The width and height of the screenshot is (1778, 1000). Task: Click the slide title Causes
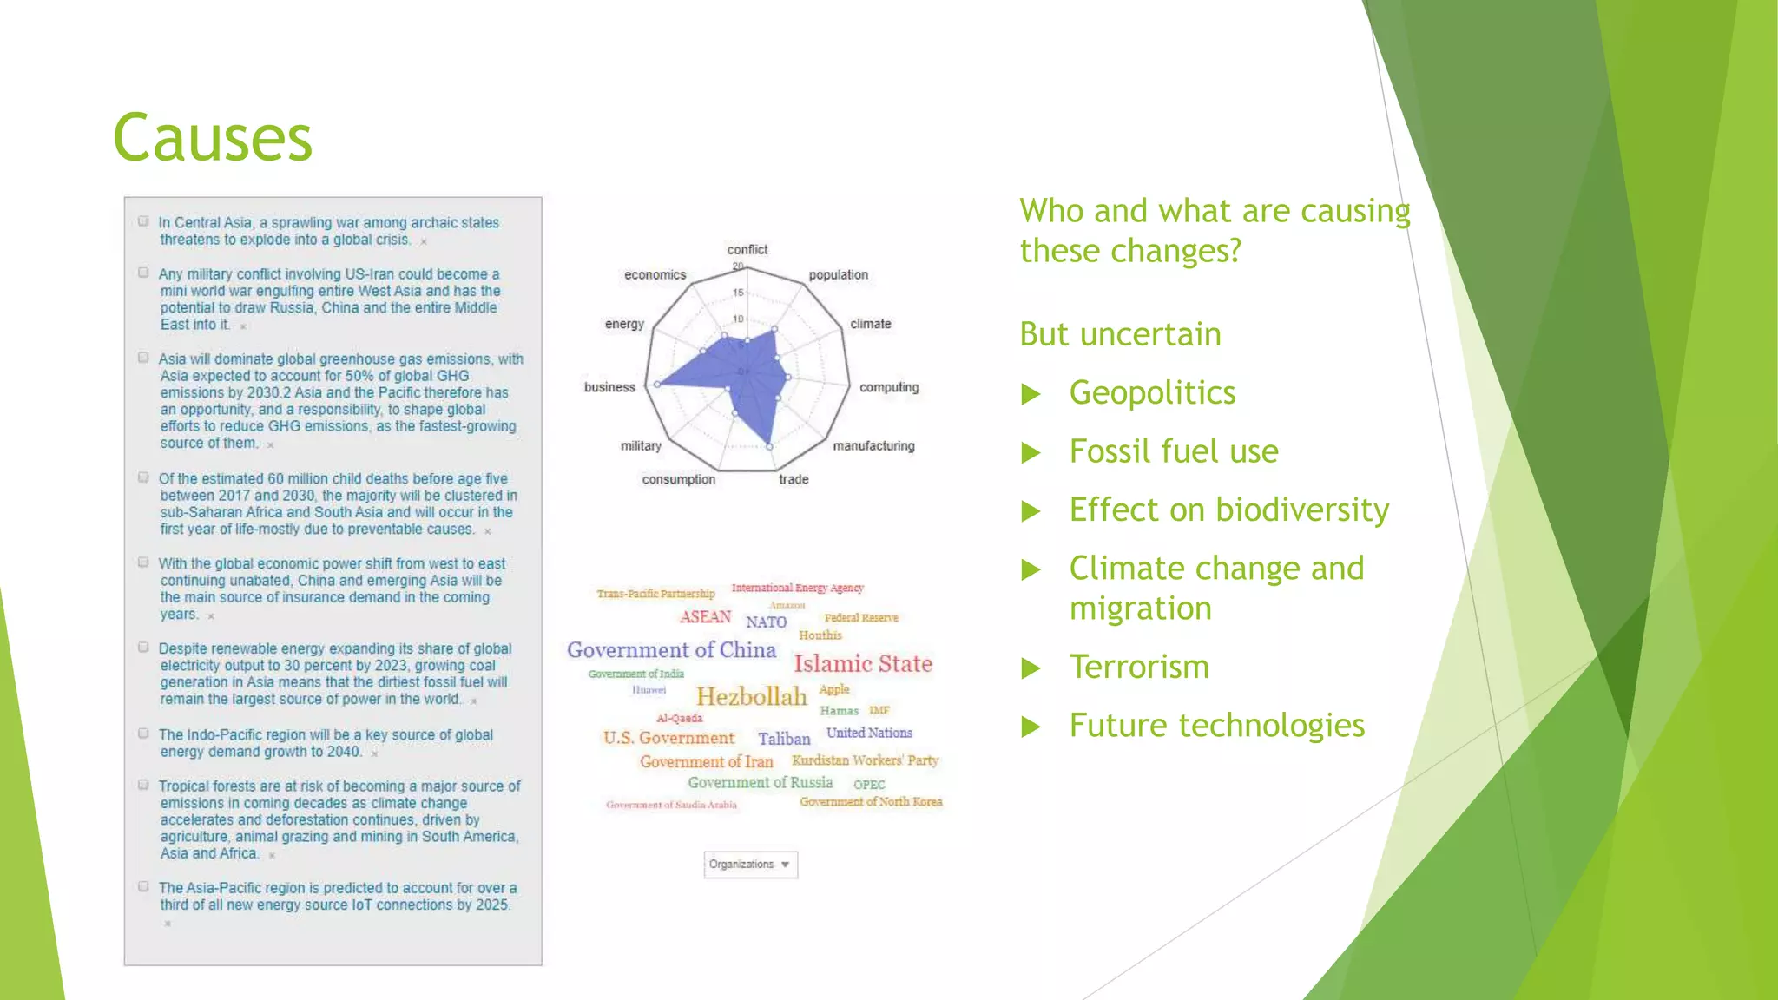click(x=213, y=139)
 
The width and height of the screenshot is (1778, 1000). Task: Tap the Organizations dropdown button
click(x=750, y=865)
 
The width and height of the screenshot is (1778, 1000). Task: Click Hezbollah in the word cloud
click(x=752, y=697)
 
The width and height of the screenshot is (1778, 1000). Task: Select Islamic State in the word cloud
click(x=863, y=664)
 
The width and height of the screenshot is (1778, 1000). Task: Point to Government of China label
click(x=671, y=650)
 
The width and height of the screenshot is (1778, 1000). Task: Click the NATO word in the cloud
click(x=766, y=622)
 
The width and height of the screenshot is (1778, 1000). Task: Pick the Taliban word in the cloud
click(x=784, y=739)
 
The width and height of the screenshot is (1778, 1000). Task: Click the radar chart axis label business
click(x=609, y=387)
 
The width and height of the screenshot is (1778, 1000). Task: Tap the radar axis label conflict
click(x=747, y=250)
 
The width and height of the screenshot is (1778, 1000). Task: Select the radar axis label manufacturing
click(x=873, y=446)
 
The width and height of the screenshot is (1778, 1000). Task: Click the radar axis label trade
click(x=794, y=479)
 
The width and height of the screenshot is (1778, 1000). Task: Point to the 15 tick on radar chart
click(x=738, y=293)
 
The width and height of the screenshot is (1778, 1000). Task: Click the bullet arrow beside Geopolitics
click(x=1031, y=395)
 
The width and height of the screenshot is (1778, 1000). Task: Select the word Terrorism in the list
click(x=1139, y=668)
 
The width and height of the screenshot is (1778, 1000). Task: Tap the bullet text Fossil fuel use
click(x=1174, y=451)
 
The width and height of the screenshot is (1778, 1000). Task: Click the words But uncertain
click(x=1120, y=334)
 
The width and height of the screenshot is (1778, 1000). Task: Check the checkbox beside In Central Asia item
click(x=143, y=221)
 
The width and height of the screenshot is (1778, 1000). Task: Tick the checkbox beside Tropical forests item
click(x=143, y=785)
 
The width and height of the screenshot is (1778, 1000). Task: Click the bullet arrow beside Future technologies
click(x=1031, y=727)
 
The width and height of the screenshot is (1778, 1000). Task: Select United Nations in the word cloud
click(x=869, y=733)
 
